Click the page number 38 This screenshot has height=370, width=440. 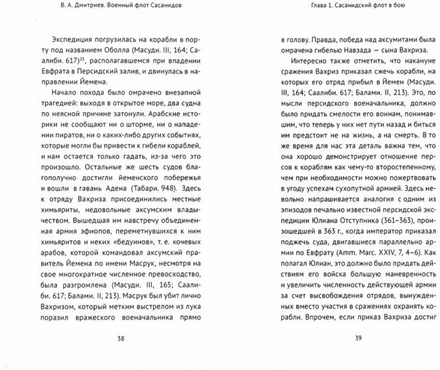[120, 339]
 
